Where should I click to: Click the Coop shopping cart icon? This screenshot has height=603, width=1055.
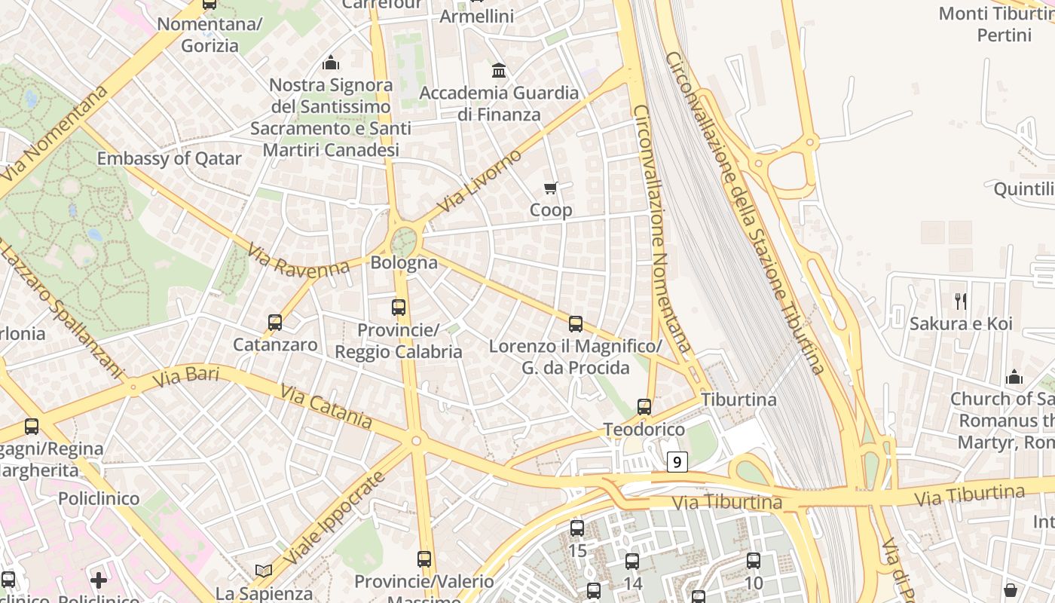click(551, 188)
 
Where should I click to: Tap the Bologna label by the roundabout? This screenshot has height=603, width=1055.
click(404, 262)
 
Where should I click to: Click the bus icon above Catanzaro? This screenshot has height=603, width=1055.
click(275, 323)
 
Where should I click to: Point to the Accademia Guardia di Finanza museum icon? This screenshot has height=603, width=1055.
click(498, 71)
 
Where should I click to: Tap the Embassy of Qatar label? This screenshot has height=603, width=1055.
click(169, 158)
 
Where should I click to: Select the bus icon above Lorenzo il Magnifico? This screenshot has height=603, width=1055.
click(576, 324)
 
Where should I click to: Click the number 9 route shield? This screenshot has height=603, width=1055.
click(677, 462)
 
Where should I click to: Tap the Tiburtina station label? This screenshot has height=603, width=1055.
click(738, 399)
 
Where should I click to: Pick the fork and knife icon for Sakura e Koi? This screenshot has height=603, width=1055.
click(960, 301)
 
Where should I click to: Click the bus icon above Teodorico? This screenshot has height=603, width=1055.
click(644, 407)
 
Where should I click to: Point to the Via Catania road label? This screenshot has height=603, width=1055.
click(326, 406)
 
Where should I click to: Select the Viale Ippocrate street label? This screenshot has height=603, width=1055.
click(336, 519)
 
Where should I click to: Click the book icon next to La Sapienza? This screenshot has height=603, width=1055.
click(263, 571)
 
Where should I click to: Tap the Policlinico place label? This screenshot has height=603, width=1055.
click(99, 499)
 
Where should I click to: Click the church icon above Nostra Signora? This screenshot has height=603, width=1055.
click(330, 63)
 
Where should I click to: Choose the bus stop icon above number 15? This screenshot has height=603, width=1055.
click(577, 528)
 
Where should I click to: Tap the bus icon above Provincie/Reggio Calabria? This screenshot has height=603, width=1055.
click(399, 308)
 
